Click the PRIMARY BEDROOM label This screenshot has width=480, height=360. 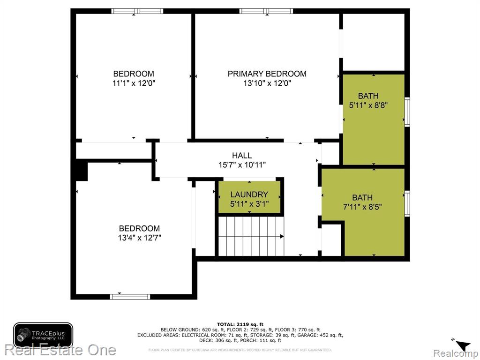[x=267, y=74]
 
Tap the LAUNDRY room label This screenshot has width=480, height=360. [x=249, y=195]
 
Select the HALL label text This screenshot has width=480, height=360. [x=242, y=156]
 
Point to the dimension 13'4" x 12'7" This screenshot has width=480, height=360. [x=140, y=238]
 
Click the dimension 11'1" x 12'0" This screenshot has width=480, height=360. [x=134, y=83]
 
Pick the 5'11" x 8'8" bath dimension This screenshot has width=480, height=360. [x=368, y=105]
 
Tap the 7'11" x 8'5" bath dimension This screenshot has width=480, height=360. [x=362, y=207]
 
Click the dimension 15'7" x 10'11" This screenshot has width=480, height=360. [x=242, y=165]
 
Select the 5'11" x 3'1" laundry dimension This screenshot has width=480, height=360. [x=249, y=204]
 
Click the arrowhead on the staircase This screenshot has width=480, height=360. [x=282, y=236]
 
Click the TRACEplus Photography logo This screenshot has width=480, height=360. [x=43, y=335]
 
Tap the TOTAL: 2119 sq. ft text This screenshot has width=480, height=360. [x=240, y=324]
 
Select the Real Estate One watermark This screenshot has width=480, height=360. [x=60, y=350]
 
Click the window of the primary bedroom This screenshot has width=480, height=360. [x=266, y=11]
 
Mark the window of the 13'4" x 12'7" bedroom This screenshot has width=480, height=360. [x=130, y=297]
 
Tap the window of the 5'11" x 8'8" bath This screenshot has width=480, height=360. [x=407, y=112]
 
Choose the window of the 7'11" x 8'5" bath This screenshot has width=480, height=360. [x=407, y=203]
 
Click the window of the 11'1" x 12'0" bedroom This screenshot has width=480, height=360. [x=137, y=11]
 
